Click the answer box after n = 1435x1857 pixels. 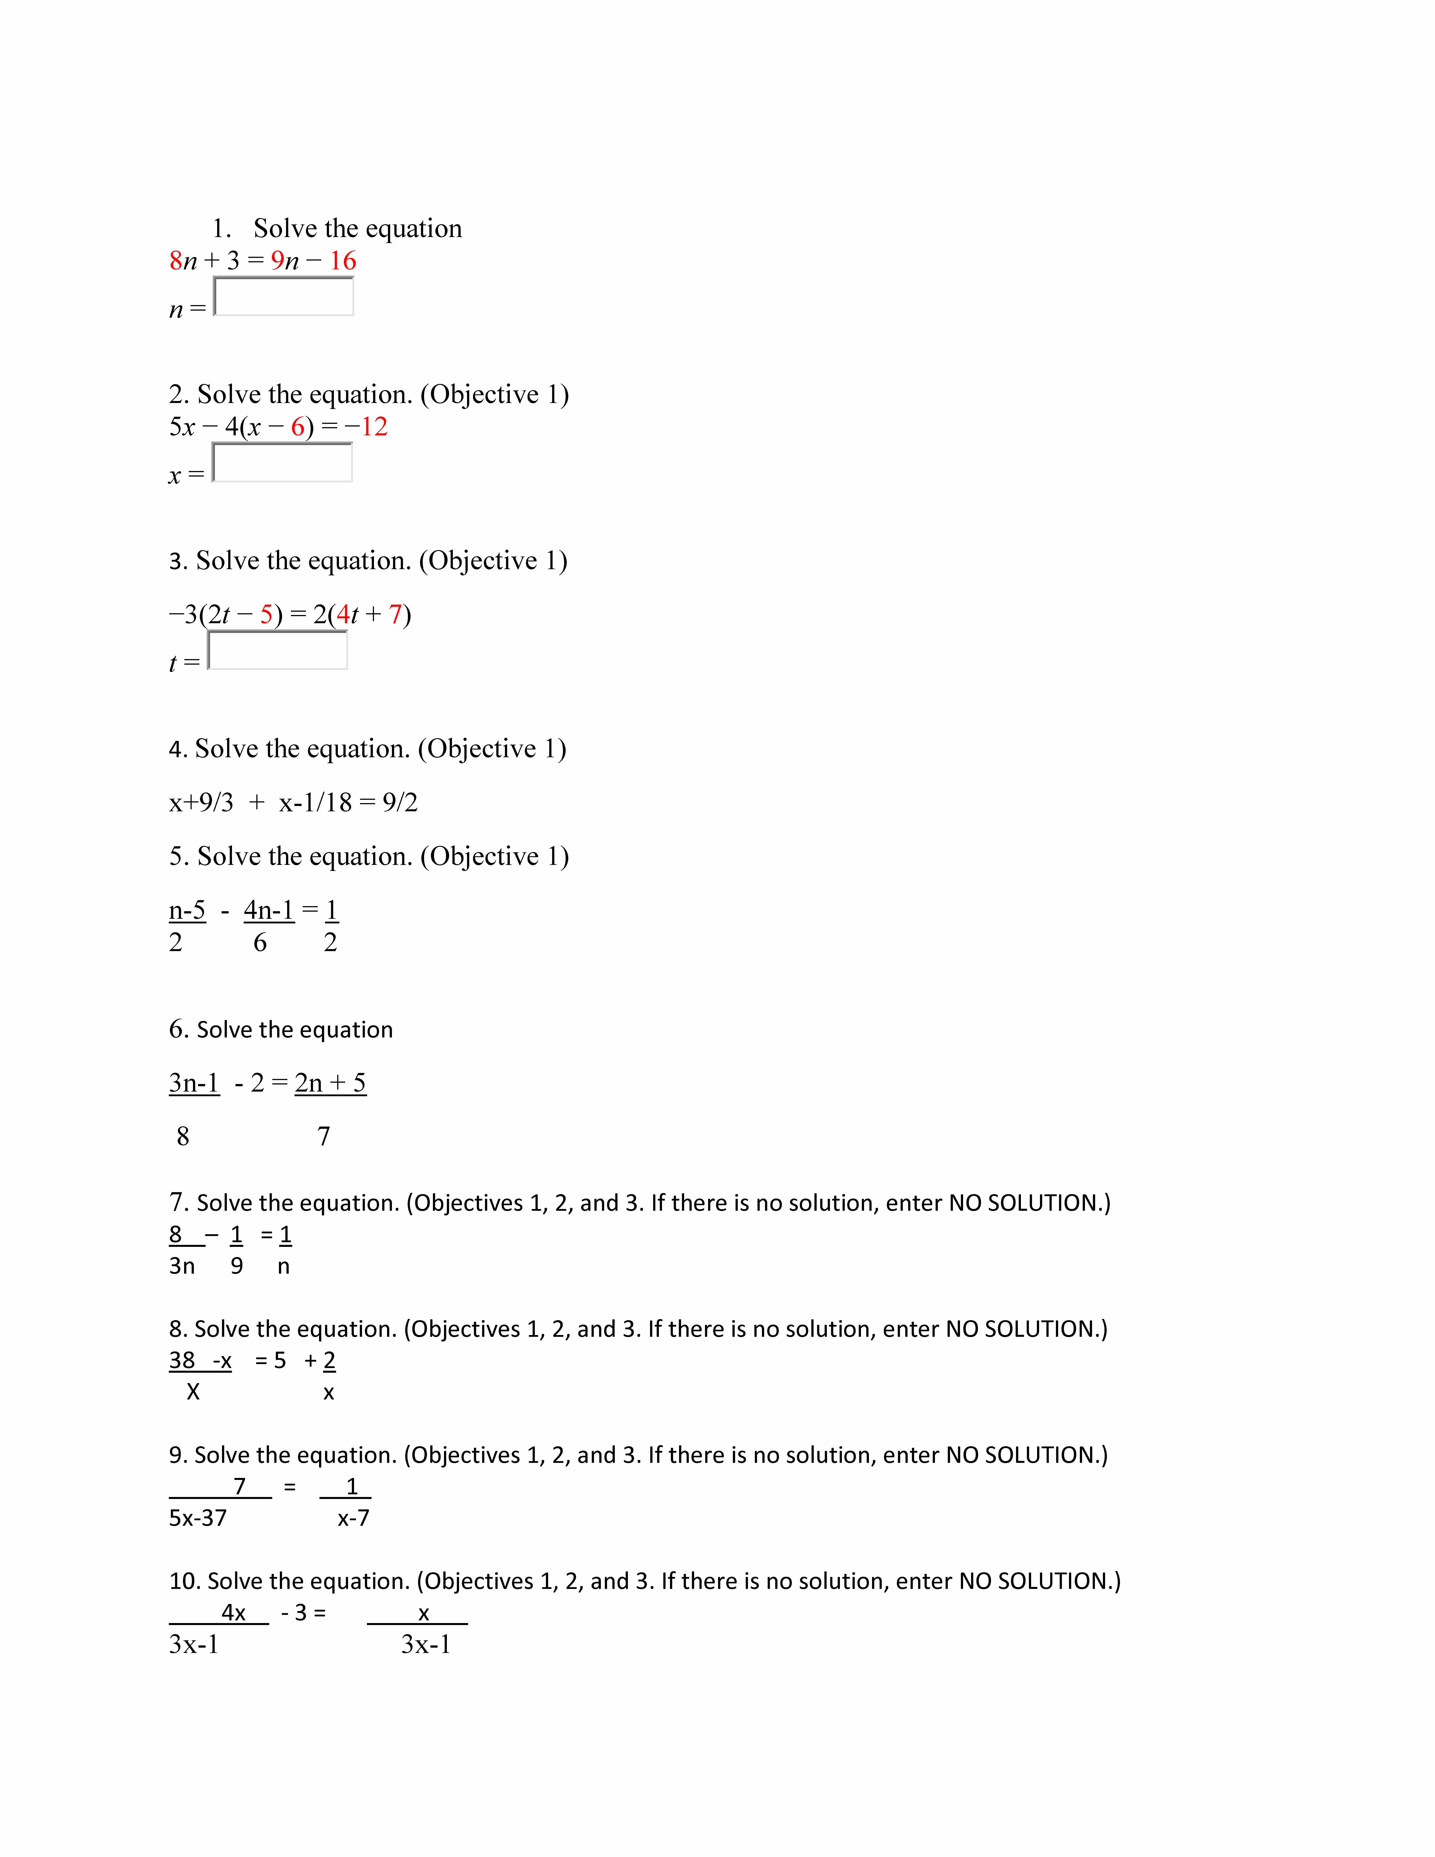[283, 297]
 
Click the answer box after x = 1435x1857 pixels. [282, 463]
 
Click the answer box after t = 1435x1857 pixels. [278, 650]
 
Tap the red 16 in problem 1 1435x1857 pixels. [343, 261]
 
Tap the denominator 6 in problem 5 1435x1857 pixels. [260, 942]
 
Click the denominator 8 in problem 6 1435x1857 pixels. [183, 1136]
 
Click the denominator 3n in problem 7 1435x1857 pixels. [182, 1266]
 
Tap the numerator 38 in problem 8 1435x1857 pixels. [182, 1361]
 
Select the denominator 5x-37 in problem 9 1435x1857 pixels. [198, 1518]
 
